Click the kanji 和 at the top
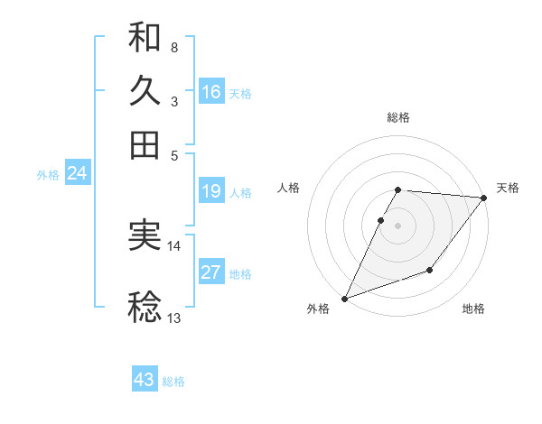click(x=145, y=38)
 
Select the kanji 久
click(x=145, y=91)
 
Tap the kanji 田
click(x=145, y=144)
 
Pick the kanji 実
click(x=145, y=235)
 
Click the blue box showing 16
click(x=210, y=91)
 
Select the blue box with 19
click(x=210, y=191)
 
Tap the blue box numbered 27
click(x=210, y=272)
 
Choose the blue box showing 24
click(x=77, y=173)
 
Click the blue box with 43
click(x=144, y=380)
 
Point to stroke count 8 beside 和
click(x=173, y=47)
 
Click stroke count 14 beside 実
click(x=174, y=245)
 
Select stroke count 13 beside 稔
click(x=174, y=318)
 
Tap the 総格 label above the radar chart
click(x=398, y=117)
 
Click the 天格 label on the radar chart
click(x=508, y=188)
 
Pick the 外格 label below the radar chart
click(x=318, y=309)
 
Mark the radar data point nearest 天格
click(x=484, y=198)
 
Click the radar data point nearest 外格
click(x=344, y=298)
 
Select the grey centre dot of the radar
click(x=398, y=225)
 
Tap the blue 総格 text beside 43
click(x=173, y=382)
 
